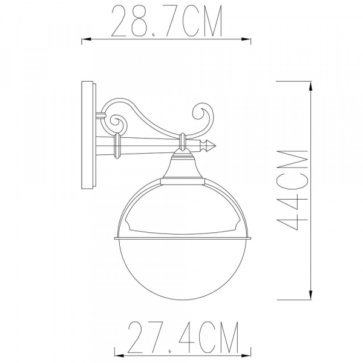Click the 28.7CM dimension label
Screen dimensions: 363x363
point(166,21)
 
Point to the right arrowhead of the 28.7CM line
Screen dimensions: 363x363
point(248,41)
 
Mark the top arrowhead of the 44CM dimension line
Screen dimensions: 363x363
point(311,86)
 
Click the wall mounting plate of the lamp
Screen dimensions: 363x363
point(88,134)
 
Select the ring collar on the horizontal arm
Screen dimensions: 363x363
point(117,146)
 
